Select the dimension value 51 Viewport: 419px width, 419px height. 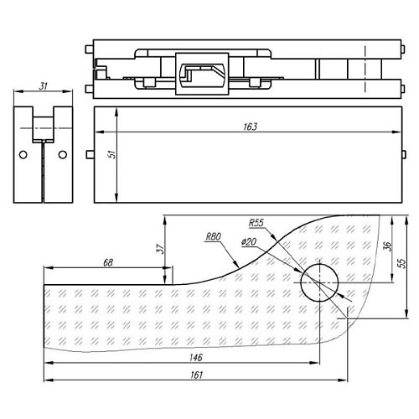click(111, 155)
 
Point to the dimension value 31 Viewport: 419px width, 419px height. click(43, 87)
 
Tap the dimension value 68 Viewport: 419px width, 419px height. click(107, 262)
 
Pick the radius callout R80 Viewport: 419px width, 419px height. click(213, 238)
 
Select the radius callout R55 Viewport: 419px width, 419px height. click(256, 224)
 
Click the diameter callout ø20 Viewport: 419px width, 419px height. click(248, 242)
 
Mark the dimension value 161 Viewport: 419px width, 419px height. click(196, 375)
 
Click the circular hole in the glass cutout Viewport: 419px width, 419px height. click(319, 282)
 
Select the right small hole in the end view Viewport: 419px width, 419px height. click(60, 155)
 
